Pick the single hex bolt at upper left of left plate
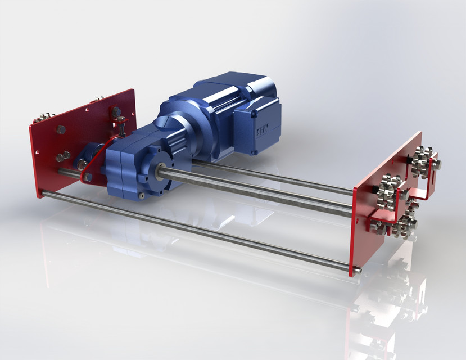tap(61, 130)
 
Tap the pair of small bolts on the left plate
tap(63, 156)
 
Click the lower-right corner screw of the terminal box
tap(254, 151)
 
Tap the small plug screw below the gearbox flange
tap(143, 195)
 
